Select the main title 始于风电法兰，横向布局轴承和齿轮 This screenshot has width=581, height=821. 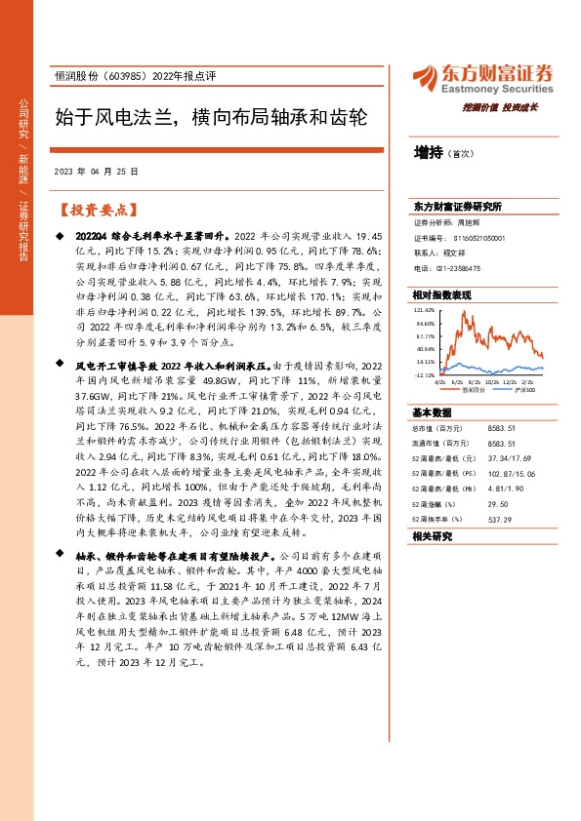[x=210, y=119]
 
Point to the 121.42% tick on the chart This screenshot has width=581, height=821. [x=425, y=311]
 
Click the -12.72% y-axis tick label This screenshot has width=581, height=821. [x=425, y=373]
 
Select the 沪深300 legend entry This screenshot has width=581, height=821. [x=520, y=390]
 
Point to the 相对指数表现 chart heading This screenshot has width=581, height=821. [x=441, y=294]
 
